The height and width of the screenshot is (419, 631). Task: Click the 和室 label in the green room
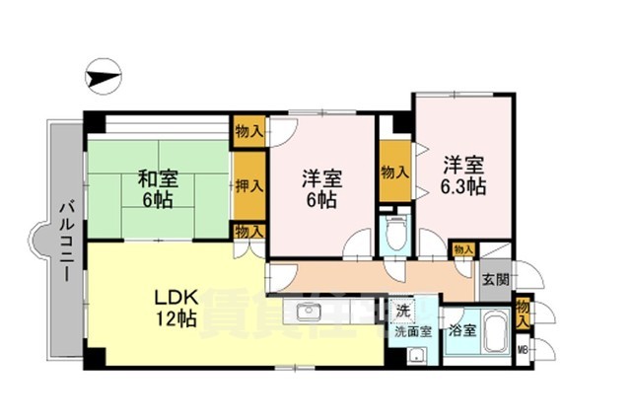click(157, 179)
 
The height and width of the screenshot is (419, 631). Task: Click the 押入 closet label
click(249, 183)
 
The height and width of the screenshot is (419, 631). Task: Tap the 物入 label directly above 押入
click(249, 130)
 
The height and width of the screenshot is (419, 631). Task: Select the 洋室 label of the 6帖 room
click(321, 179)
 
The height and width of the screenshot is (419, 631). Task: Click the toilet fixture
click(395, 236)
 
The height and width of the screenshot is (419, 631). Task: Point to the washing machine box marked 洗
click(401, 312)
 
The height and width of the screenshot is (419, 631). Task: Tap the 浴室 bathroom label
click(460, 331)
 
